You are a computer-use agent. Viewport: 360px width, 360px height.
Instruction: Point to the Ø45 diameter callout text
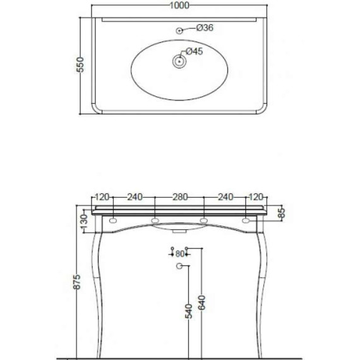195,52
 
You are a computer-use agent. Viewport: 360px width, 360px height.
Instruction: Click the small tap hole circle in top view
179,29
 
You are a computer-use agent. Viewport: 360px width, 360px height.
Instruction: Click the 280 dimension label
179,197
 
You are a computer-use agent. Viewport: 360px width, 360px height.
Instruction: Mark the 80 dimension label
179,254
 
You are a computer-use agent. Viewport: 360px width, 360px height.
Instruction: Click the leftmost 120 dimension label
103,197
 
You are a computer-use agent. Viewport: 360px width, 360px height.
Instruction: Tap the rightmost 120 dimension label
255,197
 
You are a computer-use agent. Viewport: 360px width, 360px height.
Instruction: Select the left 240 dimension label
134,197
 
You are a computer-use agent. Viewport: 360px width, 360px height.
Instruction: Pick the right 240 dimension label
225,197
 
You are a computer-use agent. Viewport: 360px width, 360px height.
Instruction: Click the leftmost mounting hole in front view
112,221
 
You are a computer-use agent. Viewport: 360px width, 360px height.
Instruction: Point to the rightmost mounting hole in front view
247,221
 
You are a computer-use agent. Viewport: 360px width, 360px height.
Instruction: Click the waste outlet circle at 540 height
179,268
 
